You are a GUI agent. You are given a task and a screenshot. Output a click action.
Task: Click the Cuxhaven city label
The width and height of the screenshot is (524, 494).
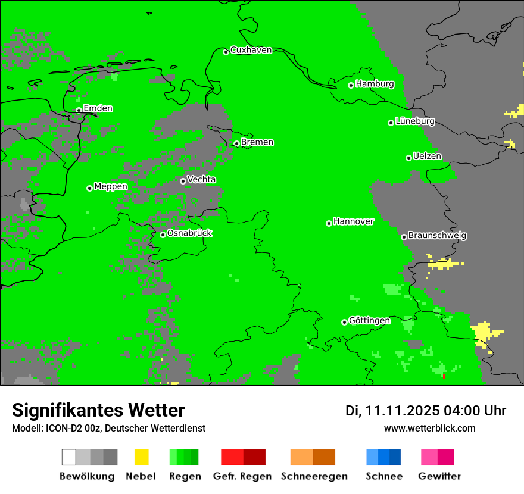(251, 50)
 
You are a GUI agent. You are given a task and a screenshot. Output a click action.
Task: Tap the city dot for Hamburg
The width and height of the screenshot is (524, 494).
(351, 85)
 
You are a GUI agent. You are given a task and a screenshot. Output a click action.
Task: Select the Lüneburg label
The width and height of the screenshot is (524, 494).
(415, 121)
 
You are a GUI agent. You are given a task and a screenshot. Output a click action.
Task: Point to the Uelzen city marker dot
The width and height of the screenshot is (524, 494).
(408, 158)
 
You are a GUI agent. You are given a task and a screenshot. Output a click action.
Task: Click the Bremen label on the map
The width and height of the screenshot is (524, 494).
(257, 142)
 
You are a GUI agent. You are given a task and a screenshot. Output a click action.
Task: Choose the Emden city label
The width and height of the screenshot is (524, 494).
(98, 108)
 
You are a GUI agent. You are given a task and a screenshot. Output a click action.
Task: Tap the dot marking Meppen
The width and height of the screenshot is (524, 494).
(89, 188)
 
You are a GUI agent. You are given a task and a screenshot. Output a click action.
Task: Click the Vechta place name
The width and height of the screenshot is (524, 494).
(201, 179)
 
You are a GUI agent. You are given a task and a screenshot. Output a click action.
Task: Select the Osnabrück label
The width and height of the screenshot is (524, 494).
(189, 233)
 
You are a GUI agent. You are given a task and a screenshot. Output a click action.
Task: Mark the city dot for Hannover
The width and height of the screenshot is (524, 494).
(329, 223)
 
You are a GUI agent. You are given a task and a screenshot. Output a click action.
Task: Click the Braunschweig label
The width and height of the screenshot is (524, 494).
(437, 236)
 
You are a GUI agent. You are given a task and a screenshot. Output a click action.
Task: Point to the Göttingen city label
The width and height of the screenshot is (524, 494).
(369, 321)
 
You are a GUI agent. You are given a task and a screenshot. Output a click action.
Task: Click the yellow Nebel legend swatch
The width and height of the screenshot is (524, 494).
(141, 457)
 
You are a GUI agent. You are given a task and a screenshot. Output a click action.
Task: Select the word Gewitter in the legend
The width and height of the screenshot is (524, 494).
(439, 476)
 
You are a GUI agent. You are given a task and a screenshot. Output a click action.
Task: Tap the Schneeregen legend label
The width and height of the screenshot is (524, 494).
(314, 476)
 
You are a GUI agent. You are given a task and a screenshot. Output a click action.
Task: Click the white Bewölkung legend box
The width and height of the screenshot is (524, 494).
(68, 457)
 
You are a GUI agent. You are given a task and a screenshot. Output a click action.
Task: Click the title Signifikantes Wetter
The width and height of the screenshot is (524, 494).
(98, 410)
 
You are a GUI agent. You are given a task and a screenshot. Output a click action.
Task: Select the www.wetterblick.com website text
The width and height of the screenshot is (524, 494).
(429, 428)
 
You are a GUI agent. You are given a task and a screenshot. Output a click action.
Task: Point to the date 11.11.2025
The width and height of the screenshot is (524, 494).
(402, 411)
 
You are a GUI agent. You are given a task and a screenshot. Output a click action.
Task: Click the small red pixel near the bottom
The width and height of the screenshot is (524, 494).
(444, 376)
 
